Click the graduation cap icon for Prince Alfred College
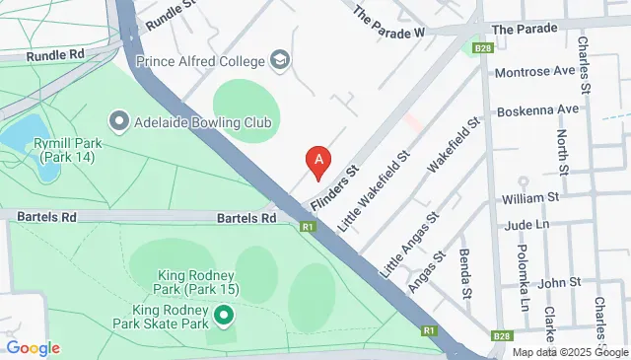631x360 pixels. (x=281, y=60)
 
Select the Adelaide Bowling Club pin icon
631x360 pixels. (x=119, y=121)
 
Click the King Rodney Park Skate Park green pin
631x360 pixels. (x=224, y=316)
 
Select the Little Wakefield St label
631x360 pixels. (x=375, y=190)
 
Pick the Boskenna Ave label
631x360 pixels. (x=538, y=109)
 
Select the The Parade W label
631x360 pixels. (x=388, y=21)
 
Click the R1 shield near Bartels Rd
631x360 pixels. (x=309, y=227)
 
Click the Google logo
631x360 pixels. (x=32, y=347)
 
